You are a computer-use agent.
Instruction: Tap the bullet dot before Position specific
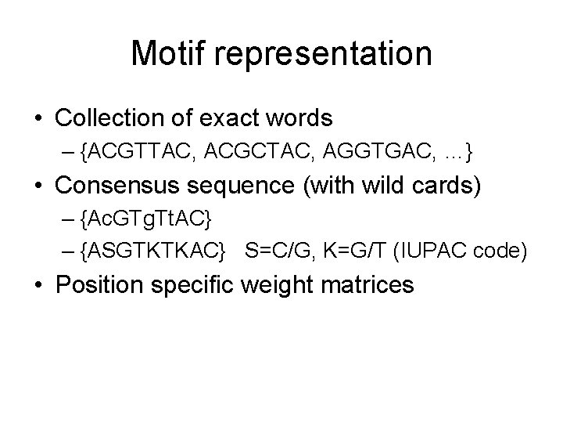38,285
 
